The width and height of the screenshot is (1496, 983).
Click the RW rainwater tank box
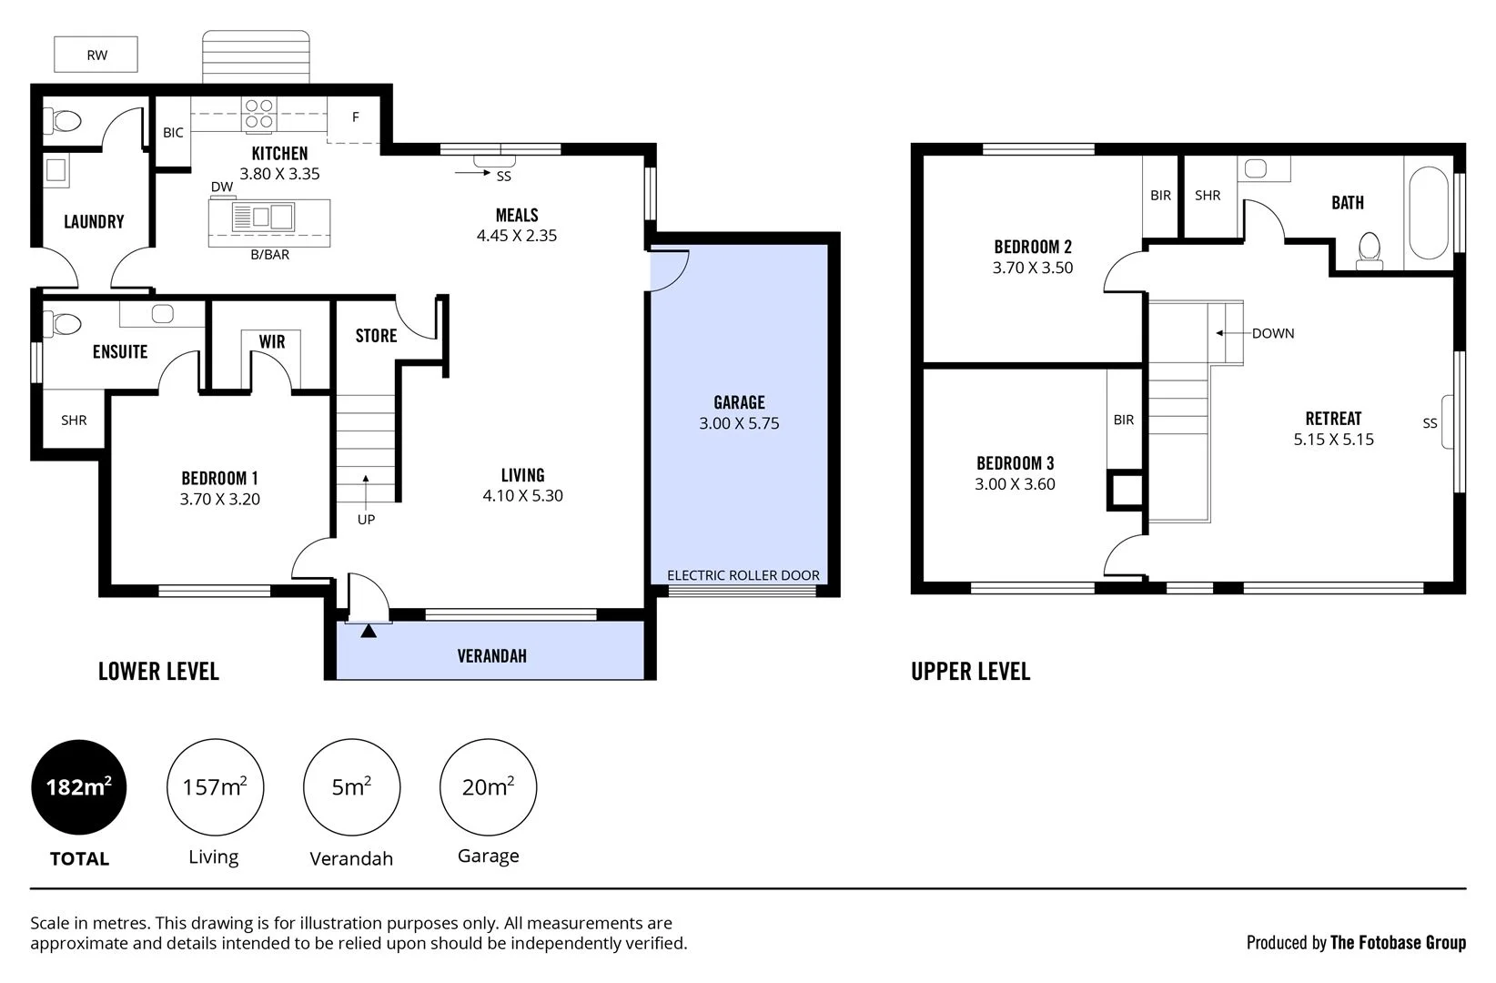click(x=96, y=55)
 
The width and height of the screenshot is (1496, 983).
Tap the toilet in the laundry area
click(x=64, y=120)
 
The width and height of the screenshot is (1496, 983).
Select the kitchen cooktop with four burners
click(x=258, y=114)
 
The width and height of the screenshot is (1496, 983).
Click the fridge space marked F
click(x=355, y=117)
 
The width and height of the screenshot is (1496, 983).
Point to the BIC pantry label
click(x=173, y=133)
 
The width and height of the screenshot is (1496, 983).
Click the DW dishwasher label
click(x=222, y=187)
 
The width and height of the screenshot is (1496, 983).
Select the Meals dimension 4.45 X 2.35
click(x=516, y=236)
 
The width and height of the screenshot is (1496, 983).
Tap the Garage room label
click(x=739, y=402)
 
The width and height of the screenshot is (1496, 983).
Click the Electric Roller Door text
click(x=743, y=575)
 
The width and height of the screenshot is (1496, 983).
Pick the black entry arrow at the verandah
click(x=368, y=631)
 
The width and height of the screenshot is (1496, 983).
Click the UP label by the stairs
click(x=366, y=520)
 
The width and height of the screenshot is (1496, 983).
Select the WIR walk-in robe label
click(x=271, y=342)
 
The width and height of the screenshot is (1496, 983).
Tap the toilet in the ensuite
click(x=65, y=323)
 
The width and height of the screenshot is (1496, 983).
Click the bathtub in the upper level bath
click(x=1427, y=213)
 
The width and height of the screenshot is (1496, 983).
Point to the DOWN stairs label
click(x=1272, y=334)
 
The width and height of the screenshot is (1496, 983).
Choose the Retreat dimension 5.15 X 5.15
click(x=1333, y=440)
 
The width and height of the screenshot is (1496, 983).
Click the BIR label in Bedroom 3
click(x=1123, y=420)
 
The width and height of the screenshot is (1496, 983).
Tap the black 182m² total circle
click(x=79, y=787)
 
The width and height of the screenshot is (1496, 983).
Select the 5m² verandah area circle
click(x=351, y=787)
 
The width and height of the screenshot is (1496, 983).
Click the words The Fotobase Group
click(x=1398, y=943)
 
